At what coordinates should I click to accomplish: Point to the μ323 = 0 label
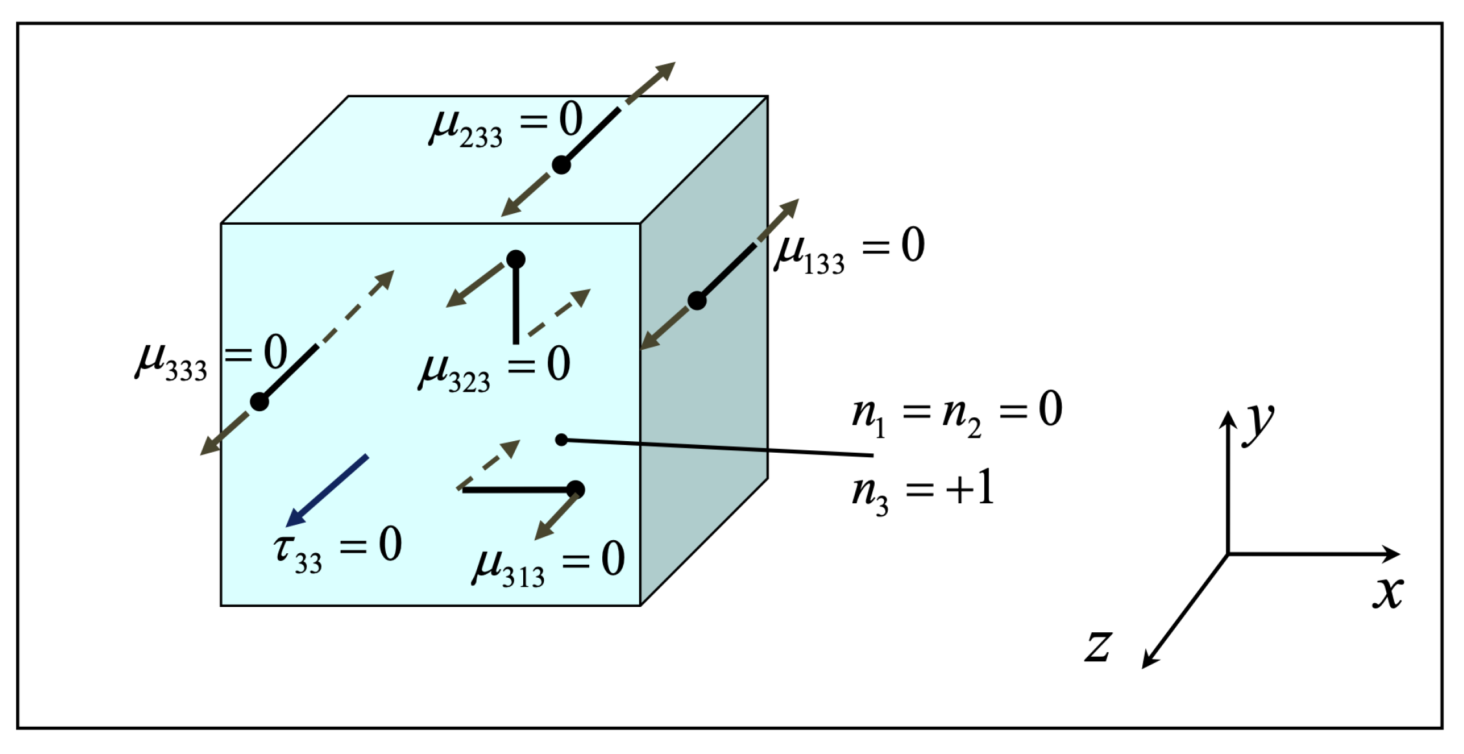click(495, 369)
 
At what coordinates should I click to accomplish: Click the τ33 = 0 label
click(337, 549)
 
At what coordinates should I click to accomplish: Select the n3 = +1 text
click(923, 493)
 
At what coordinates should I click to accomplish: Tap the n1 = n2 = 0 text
click(956, 415)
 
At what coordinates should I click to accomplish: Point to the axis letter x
click(1388, 592)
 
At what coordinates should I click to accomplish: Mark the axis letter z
click(1098, 646)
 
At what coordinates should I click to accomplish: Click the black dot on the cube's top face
click(561, 165)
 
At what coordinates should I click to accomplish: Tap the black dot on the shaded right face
click(697, 301)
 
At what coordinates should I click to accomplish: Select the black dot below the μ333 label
click(259, 402)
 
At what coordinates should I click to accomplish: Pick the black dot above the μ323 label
click(515, 259)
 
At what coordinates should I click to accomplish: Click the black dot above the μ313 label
click(575, 490)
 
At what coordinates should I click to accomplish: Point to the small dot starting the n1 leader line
click(561, 440)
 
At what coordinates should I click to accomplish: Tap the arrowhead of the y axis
click(1228, 418)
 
